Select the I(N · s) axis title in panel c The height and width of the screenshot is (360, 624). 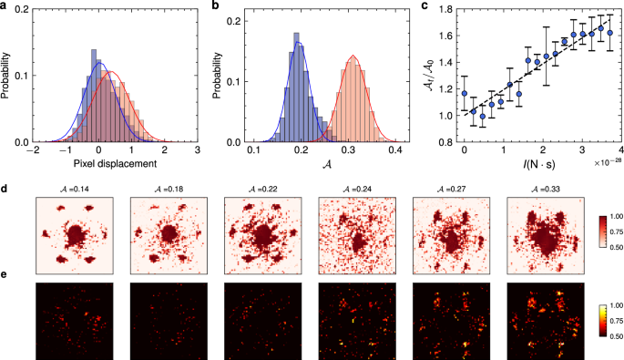coord(542,163)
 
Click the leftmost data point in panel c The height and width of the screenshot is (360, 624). coord(465,93)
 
